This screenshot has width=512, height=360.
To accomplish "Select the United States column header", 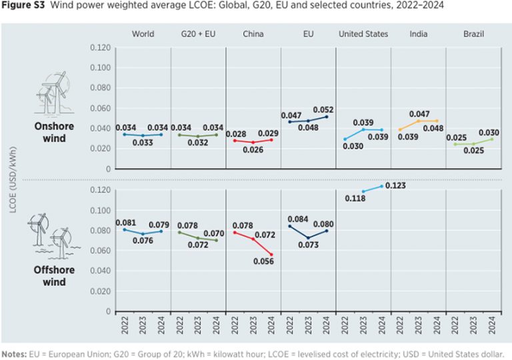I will tap(363, 34).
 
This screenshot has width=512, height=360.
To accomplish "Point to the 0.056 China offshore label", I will tap(269, 261).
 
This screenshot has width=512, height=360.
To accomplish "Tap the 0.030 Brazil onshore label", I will tap(488, 133).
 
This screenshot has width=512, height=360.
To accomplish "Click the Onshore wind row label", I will tap(55, 131).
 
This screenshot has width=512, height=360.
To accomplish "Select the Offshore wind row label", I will tap(55, 276).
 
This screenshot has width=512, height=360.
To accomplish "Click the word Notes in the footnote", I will tap(15, 354).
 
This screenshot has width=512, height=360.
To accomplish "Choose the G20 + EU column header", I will tap(198, 34).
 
